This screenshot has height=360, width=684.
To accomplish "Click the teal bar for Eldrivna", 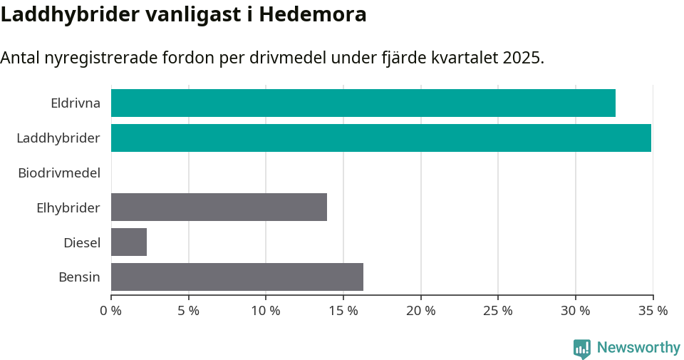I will tap(363, 103).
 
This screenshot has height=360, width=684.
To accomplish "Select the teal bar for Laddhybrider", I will tap(380, 138).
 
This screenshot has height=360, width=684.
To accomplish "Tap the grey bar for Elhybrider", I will tap(219, 207).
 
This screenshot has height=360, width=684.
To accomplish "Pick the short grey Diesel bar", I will tap(129, 242).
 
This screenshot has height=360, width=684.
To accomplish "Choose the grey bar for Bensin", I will tap(237, 277).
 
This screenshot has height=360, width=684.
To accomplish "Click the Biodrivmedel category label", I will tap(59, 173).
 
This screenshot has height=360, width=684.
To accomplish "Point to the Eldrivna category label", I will tap(76, 103).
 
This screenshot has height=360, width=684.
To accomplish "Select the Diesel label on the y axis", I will tap(82, 242).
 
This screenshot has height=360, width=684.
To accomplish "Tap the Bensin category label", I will tap(79, 277).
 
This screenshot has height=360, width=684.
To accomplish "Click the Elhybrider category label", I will tap(68, 207).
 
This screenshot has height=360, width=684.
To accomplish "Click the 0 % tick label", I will tap(111, 311).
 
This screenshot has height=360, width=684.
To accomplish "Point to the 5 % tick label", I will tap(188, 311).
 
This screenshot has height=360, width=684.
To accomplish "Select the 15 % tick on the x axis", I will tap(343, 311).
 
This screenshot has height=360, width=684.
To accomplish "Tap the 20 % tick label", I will tap(420, 311).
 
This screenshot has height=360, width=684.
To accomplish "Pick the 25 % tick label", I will tap(497, 311).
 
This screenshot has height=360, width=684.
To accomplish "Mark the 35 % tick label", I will tap(653, 311).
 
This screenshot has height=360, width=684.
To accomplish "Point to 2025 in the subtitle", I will tap(521, 58).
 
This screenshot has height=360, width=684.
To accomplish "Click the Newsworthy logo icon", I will tap(582, 348).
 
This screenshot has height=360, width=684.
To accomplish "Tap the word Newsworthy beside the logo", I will tap(638, 348).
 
